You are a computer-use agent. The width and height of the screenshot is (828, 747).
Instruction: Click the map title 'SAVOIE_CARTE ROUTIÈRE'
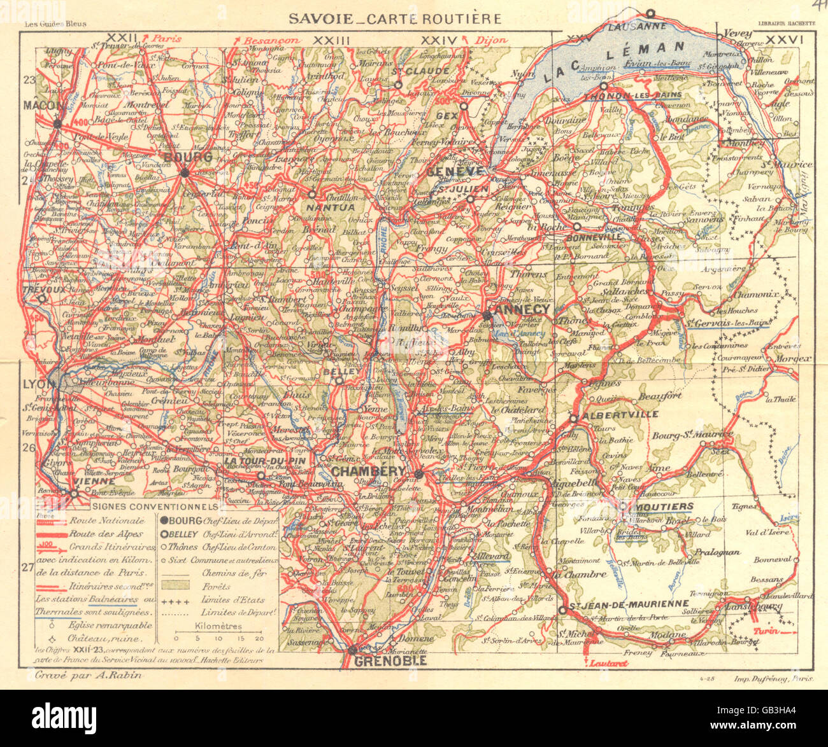pyautogui.click(x=394, y=19)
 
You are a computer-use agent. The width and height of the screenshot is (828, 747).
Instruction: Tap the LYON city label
pyautogui.click(x=36, y=384)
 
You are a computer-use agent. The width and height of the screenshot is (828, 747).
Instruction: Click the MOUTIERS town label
pyautogui.click(x=664, y=506)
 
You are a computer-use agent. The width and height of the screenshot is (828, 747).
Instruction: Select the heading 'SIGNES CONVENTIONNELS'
pyautogui.click(x=152, y=506)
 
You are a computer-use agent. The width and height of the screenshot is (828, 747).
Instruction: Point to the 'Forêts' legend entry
pyautogui.click(x=217, y=586)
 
